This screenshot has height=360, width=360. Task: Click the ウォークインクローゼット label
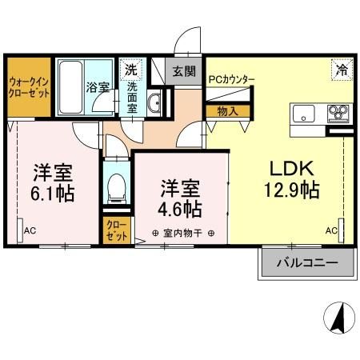coord(30,86)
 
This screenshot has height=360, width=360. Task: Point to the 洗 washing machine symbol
coord(130,70)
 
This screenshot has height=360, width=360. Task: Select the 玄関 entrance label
coord(184,70)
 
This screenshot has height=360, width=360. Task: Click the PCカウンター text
coord(231,79)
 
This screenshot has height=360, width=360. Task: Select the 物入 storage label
coord(227,111)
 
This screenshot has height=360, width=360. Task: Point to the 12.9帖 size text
coord(293,190)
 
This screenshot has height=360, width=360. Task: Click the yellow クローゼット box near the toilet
coord(116,230)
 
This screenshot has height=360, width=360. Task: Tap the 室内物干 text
coord(182,234)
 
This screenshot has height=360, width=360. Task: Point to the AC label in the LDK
coord(331,230)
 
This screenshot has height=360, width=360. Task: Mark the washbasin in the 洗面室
coord(156,102)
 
